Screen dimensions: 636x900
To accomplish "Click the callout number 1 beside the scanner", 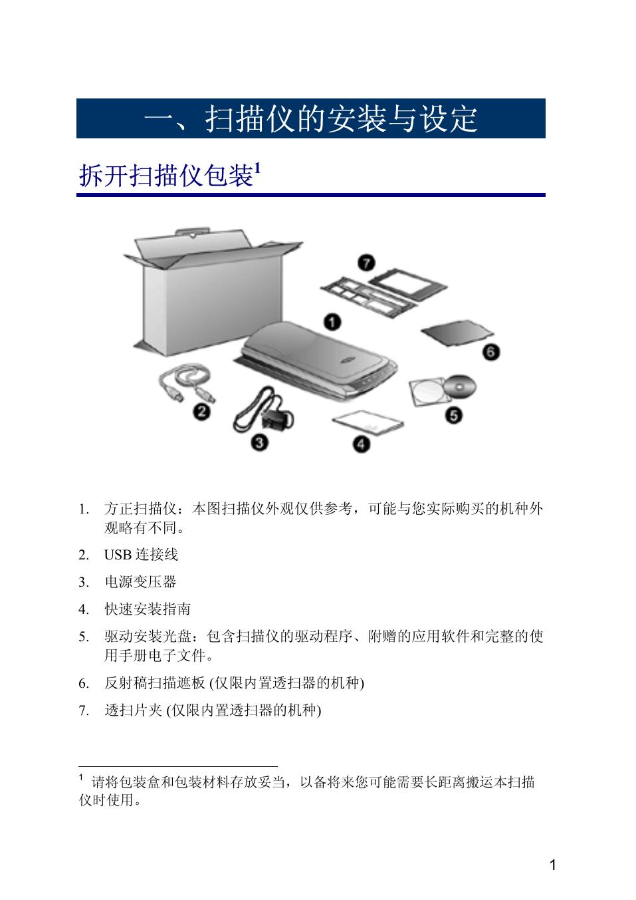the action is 332,322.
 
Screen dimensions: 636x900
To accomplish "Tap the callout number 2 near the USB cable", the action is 201,412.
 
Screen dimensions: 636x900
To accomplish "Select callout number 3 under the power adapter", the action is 259,443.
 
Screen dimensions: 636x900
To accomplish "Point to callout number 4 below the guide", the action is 361,444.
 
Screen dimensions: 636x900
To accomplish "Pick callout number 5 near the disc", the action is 454,415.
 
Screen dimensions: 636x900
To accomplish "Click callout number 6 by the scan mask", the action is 490,352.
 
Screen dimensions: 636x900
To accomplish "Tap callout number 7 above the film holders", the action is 366,263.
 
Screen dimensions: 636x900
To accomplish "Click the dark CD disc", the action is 460,386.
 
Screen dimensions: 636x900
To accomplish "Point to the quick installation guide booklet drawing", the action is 368,422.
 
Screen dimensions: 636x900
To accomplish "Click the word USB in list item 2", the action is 118,555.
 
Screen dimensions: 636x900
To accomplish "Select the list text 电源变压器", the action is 140,582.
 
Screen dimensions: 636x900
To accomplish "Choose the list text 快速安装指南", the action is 148,609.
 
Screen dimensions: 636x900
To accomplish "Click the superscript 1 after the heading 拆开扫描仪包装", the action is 258,168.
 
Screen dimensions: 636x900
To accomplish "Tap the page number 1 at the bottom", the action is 552,865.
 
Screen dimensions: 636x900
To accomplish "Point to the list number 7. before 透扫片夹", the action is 84,710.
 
